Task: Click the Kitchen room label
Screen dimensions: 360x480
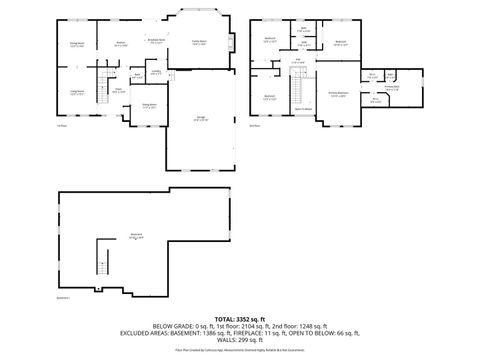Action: tap(121, 43)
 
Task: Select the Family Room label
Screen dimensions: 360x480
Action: tap(199, 43)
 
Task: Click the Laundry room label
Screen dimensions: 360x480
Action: tap(156, 72)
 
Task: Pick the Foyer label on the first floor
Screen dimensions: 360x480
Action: tap(118, 90)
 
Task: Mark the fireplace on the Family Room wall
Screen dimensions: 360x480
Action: tap(232, 41)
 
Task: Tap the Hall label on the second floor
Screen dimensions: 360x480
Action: tap(298, 60)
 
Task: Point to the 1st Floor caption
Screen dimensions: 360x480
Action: tap(61, 125)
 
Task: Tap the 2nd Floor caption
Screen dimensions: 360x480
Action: tap(254, 125)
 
